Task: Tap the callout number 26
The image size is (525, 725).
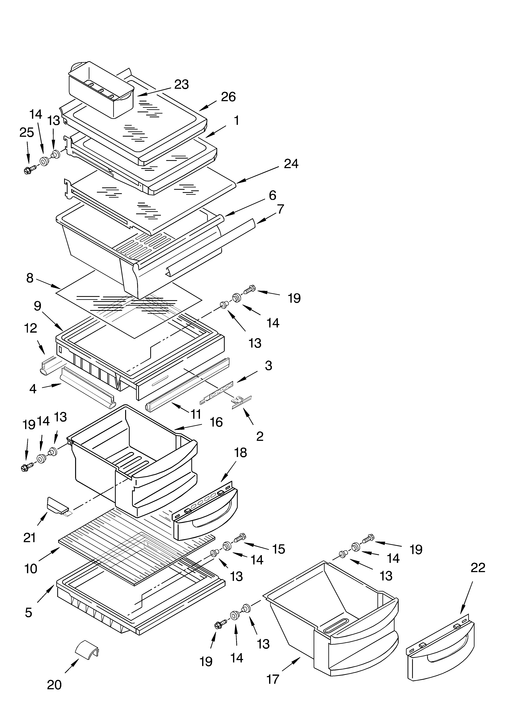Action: point(228,97)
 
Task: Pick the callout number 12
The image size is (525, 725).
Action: point(31,328)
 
